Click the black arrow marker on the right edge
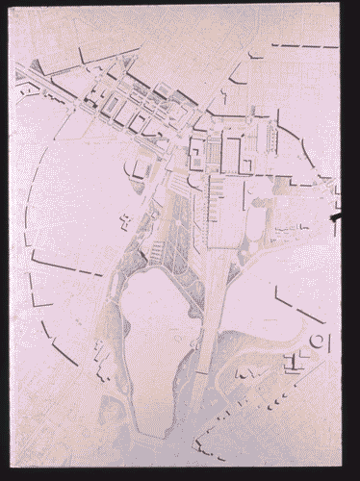pos(334,220)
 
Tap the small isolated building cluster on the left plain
pos(125,221)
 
